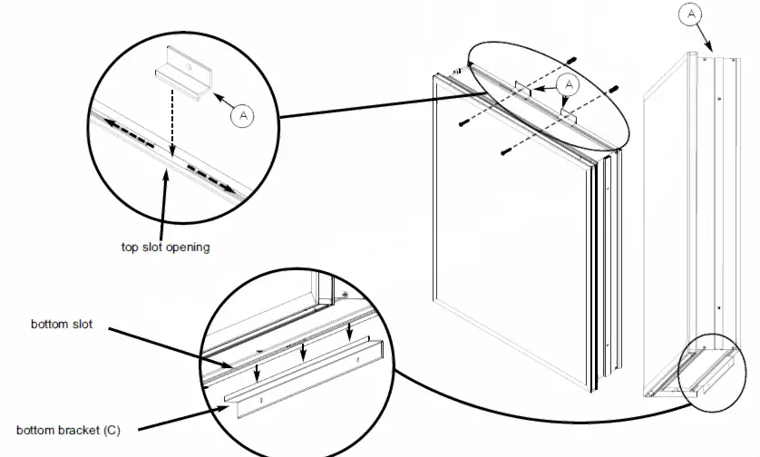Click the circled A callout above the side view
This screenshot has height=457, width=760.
point(692,15)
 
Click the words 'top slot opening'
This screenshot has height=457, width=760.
point(165,247)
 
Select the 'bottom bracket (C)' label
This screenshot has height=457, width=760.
point(67,429)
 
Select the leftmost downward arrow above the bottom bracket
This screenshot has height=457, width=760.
point(258,373)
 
